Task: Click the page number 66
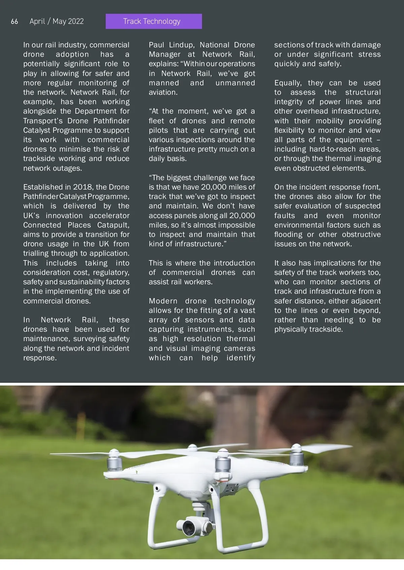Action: (14, 22)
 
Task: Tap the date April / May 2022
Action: (57, 22)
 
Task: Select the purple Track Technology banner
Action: (154, 21)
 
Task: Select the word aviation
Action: (163, 92)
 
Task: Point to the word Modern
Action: (163, 301)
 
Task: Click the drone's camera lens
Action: (189, 527)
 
